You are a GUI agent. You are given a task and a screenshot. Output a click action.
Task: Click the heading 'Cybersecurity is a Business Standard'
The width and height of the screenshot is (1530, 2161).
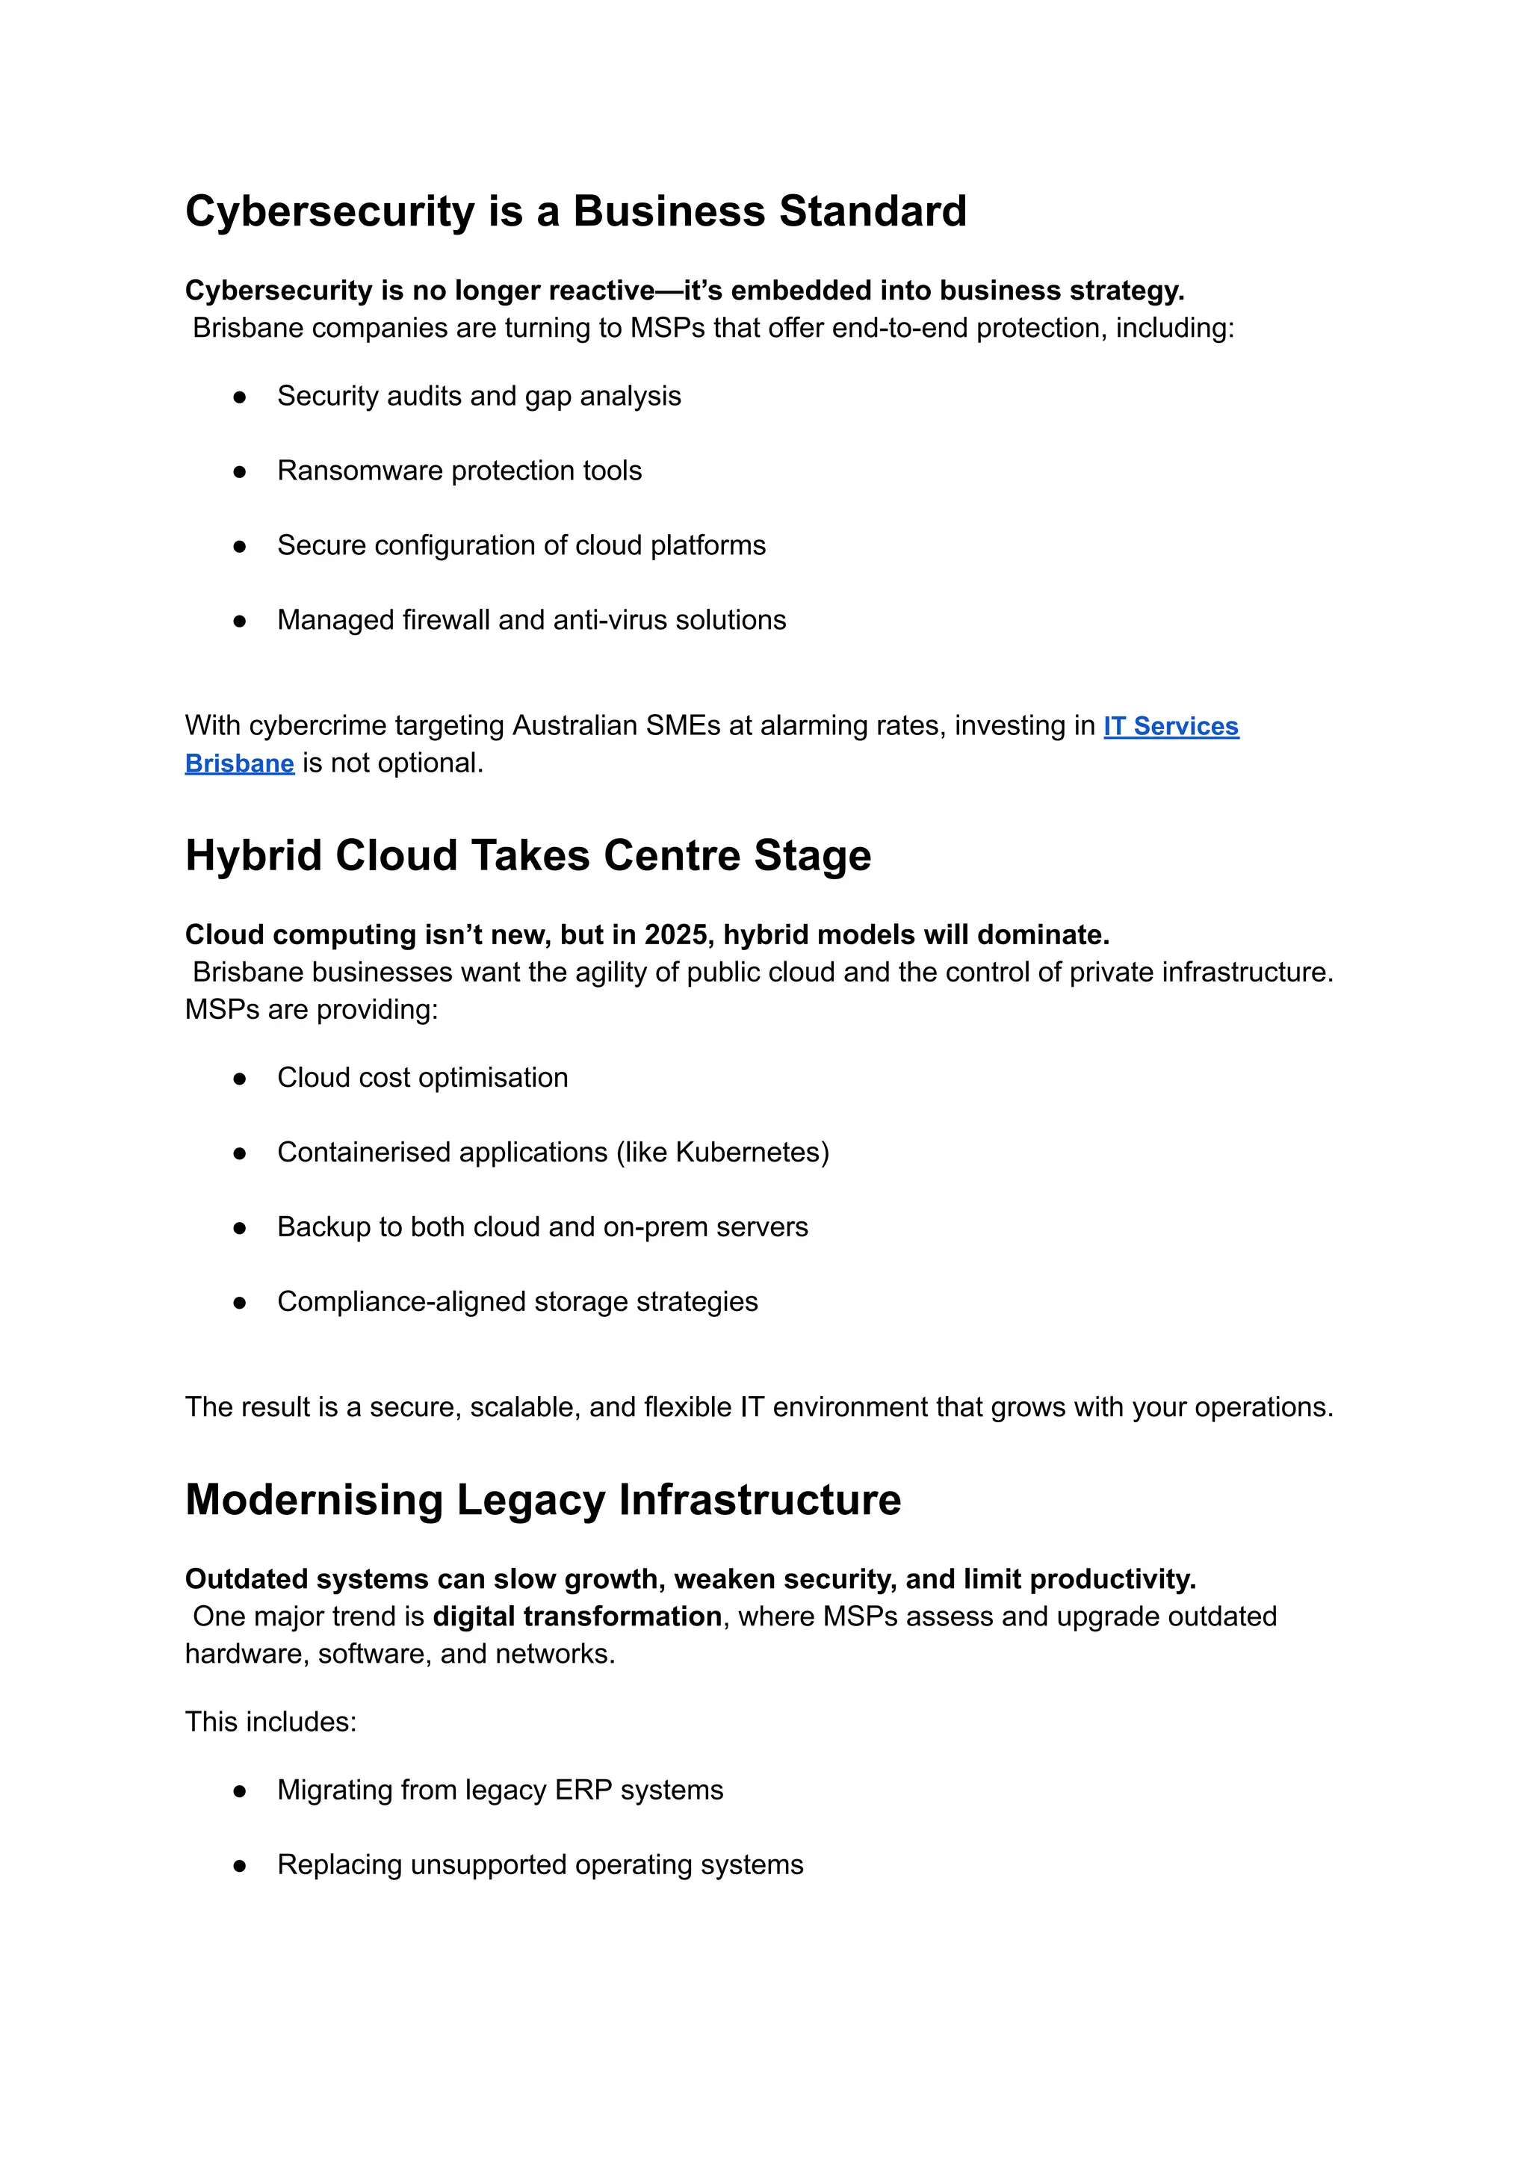point(576,211)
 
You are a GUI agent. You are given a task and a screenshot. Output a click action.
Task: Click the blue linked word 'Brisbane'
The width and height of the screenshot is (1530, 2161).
point(239,764)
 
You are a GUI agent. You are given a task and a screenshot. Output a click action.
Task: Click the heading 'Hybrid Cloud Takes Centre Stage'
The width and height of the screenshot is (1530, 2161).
point(527,855)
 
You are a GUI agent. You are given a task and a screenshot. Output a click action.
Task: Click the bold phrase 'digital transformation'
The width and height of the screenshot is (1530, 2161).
point(577,1616)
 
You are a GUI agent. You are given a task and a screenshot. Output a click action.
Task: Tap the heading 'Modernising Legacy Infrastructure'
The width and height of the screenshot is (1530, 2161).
point(542,1500)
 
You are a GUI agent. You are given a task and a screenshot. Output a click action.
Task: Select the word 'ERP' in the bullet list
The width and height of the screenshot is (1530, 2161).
point(583,1790)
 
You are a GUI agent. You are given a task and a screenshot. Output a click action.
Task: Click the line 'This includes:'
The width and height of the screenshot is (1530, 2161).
point(270,1722)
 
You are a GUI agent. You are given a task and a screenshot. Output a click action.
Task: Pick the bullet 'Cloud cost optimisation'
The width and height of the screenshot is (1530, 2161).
point(422,1078)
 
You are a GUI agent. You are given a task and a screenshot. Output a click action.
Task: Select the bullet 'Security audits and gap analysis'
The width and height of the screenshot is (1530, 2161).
point(479,396)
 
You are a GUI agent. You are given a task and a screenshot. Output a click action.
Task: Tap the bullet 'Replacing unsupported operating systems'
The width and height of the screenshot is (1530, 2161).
point(540,1865)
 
